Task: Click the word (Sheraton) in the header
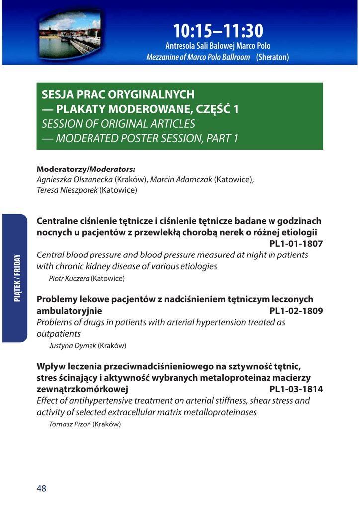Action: click(272, 57)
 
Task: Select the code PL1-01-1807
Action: click(296, 244)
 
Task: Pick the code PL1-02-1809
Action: click(296, 311)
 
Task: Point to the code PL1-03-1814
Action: click(296, 389)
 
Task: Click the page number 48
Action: click(41, 488)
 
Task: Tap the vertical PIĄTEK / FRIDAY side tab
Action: click(17, 278)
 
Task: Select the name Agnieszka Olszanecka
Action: click(75, 179)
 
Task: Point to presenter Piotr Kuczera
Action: click(69, 278)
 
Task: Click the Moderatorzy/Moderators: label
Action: click(86, 169)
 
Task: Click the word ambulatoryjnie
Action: click(70, 311)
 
